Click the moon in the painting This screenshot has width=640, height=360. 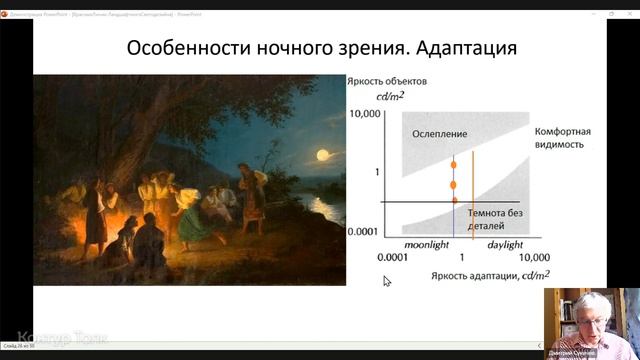tap(322, 154)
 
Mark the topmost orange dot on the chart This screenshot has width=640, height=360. tap(453, 163)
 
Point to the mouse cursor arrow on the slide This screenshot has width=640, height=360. tap(387, 282)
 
